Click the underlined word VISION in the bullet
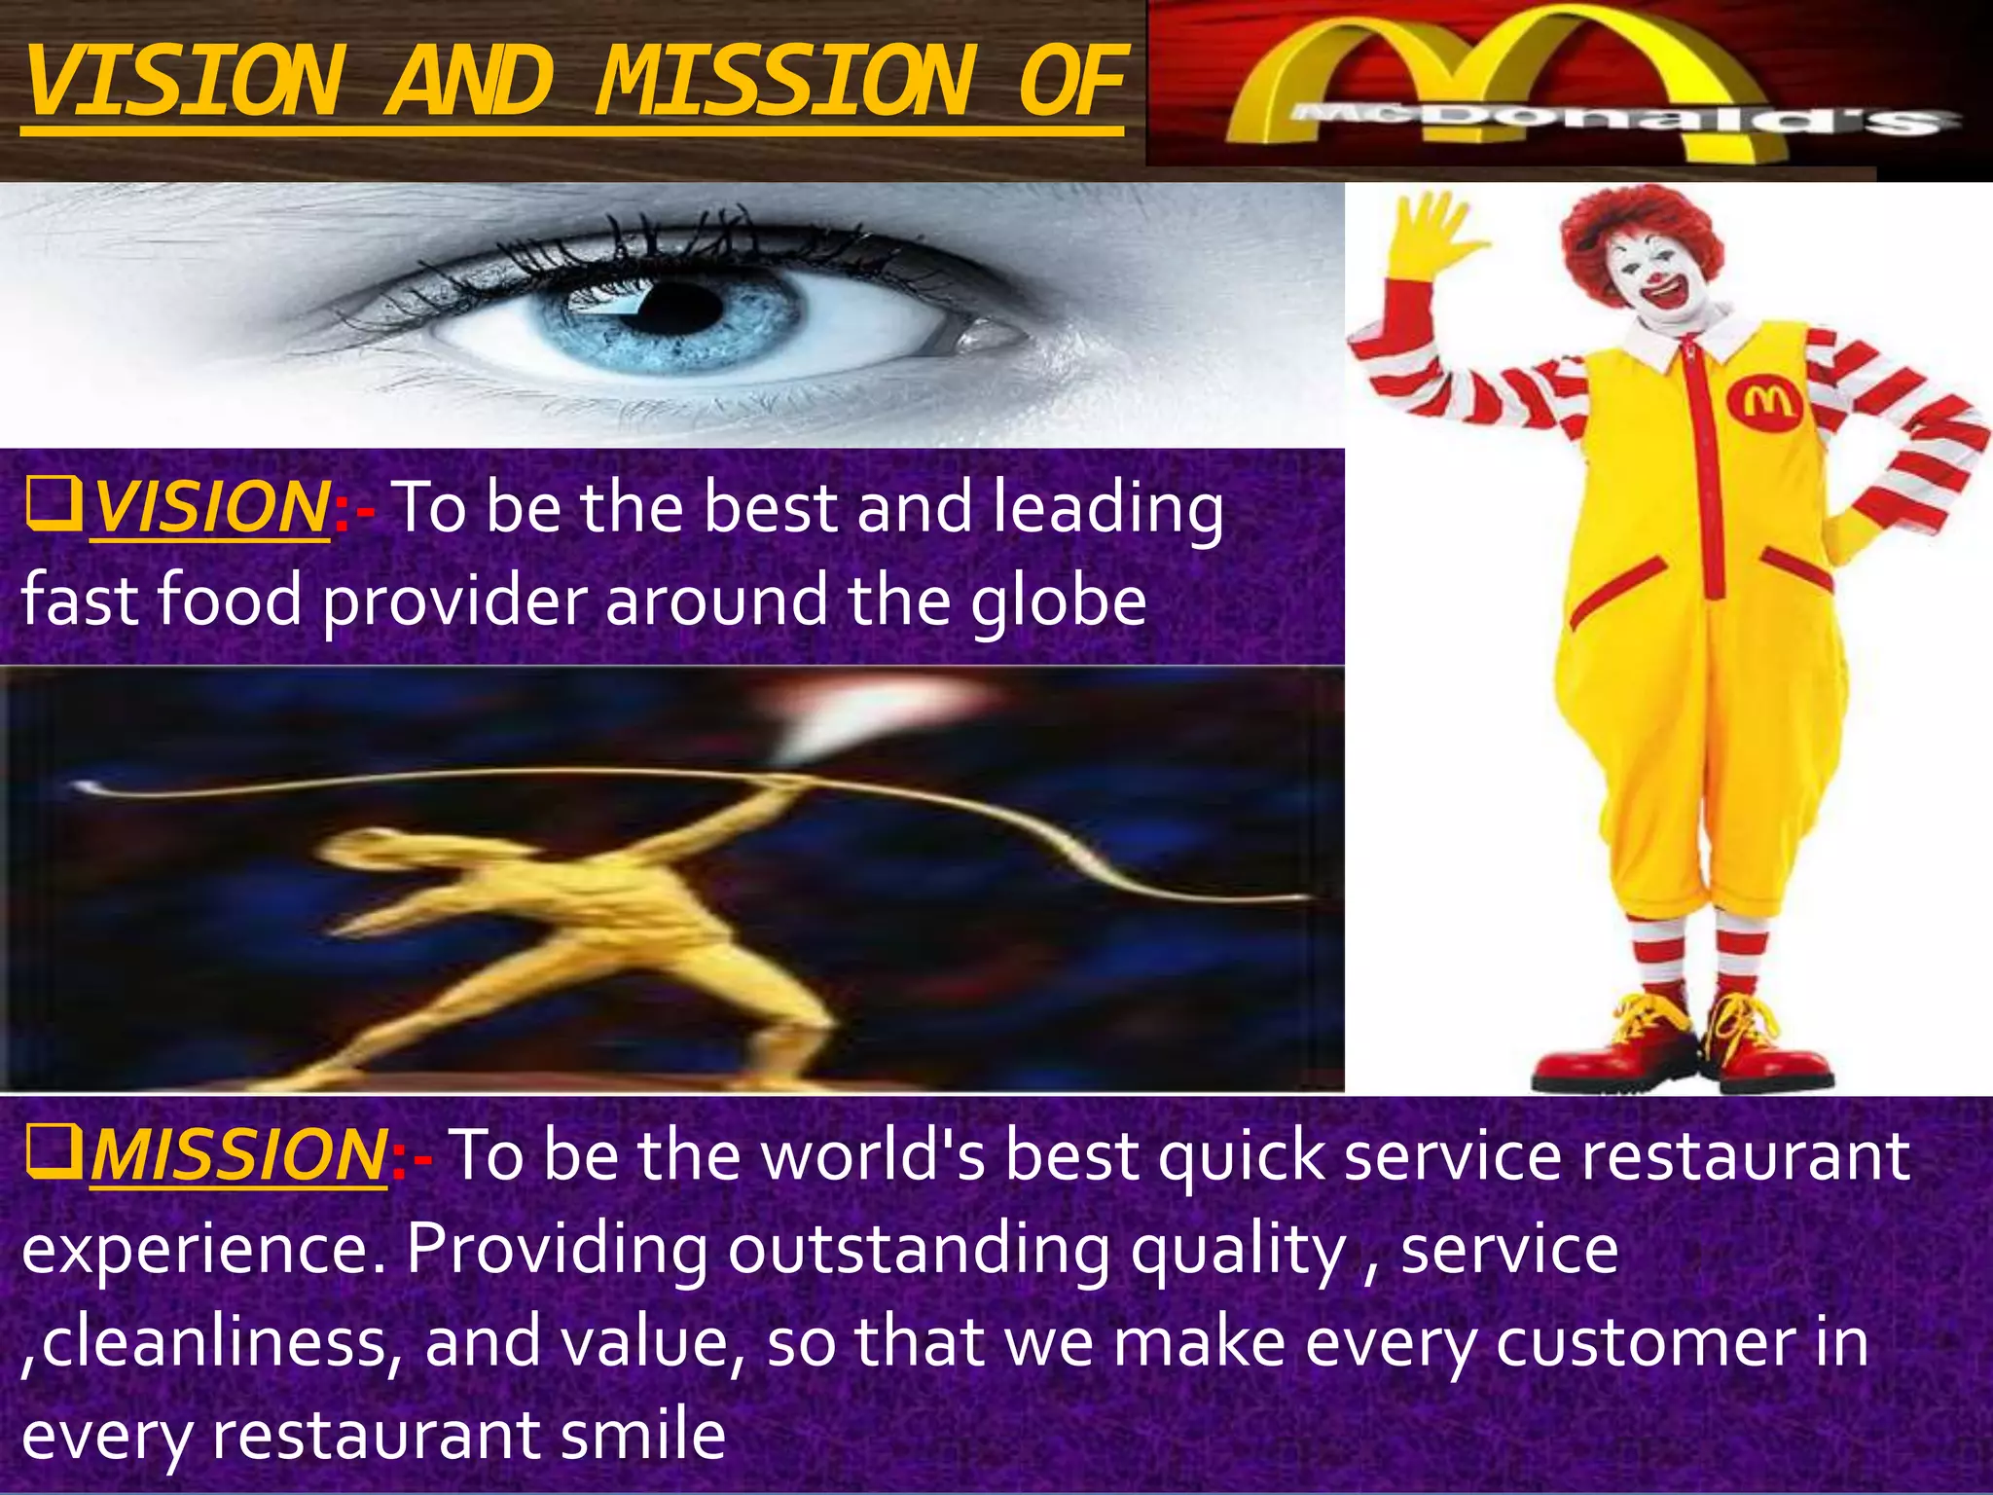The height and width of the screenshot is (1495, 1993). [210, 508]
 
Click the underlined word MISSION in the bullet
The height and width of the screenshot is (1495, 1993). [238, 1155]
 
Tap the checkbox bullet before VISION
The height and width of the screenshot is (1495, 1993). [54, 506]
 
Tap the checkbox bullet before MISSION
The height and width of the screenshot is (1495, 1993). [54, 1153]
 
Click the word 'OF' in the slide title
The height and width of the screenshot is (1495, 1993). [1070, 83]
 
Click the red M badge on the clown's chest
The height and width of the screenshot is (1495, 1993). [1764, 404]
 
